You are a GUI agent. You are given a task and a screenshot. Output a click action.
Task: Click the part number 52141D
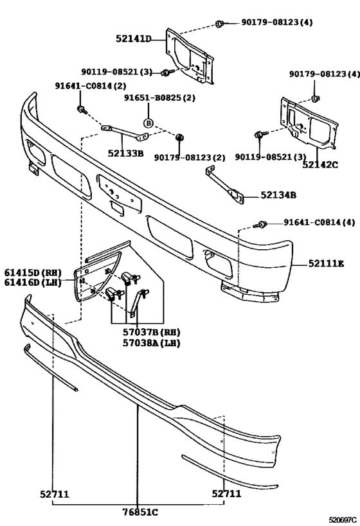tap(133, 39)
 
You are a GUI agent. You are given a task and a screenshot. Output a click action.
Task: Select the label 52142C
tap(319, 164)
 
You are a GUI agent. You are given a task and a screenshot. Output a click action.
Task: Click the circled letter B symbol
tap(148, 122)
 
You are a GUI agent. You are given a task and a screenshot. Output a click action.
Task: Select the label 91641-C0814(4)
tap(319, 223)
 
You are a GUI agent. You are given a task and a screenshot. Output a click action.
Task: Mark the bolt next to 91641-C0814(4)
tap(263, 224)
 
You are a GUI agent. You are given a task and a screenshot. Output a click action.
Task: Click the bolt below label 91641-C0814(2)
tap(81, 110)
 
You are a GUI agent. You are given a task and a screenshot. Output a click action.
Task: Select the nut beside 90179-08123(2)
tap(179, 137)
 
